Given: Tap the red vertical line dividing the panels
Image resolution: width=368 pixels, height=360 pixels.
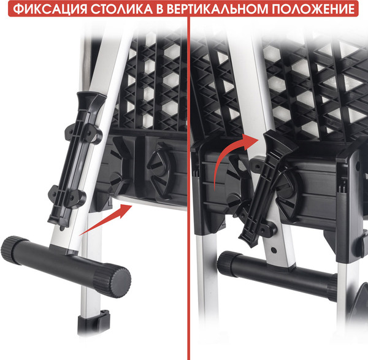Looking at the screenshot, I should point(189,184).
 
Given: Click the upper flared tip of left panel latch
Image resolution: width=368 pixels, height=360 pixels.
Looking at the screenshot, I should point(86,101).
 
